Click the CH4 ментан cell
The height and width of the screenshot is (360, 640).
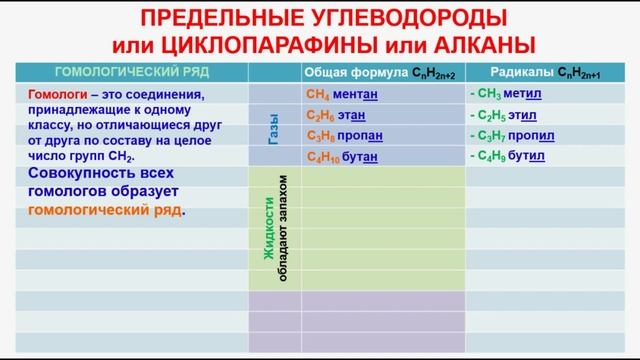(x=343, y=95)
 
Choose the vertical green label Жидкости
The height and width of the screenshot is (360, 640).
(x=268, y=231)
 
